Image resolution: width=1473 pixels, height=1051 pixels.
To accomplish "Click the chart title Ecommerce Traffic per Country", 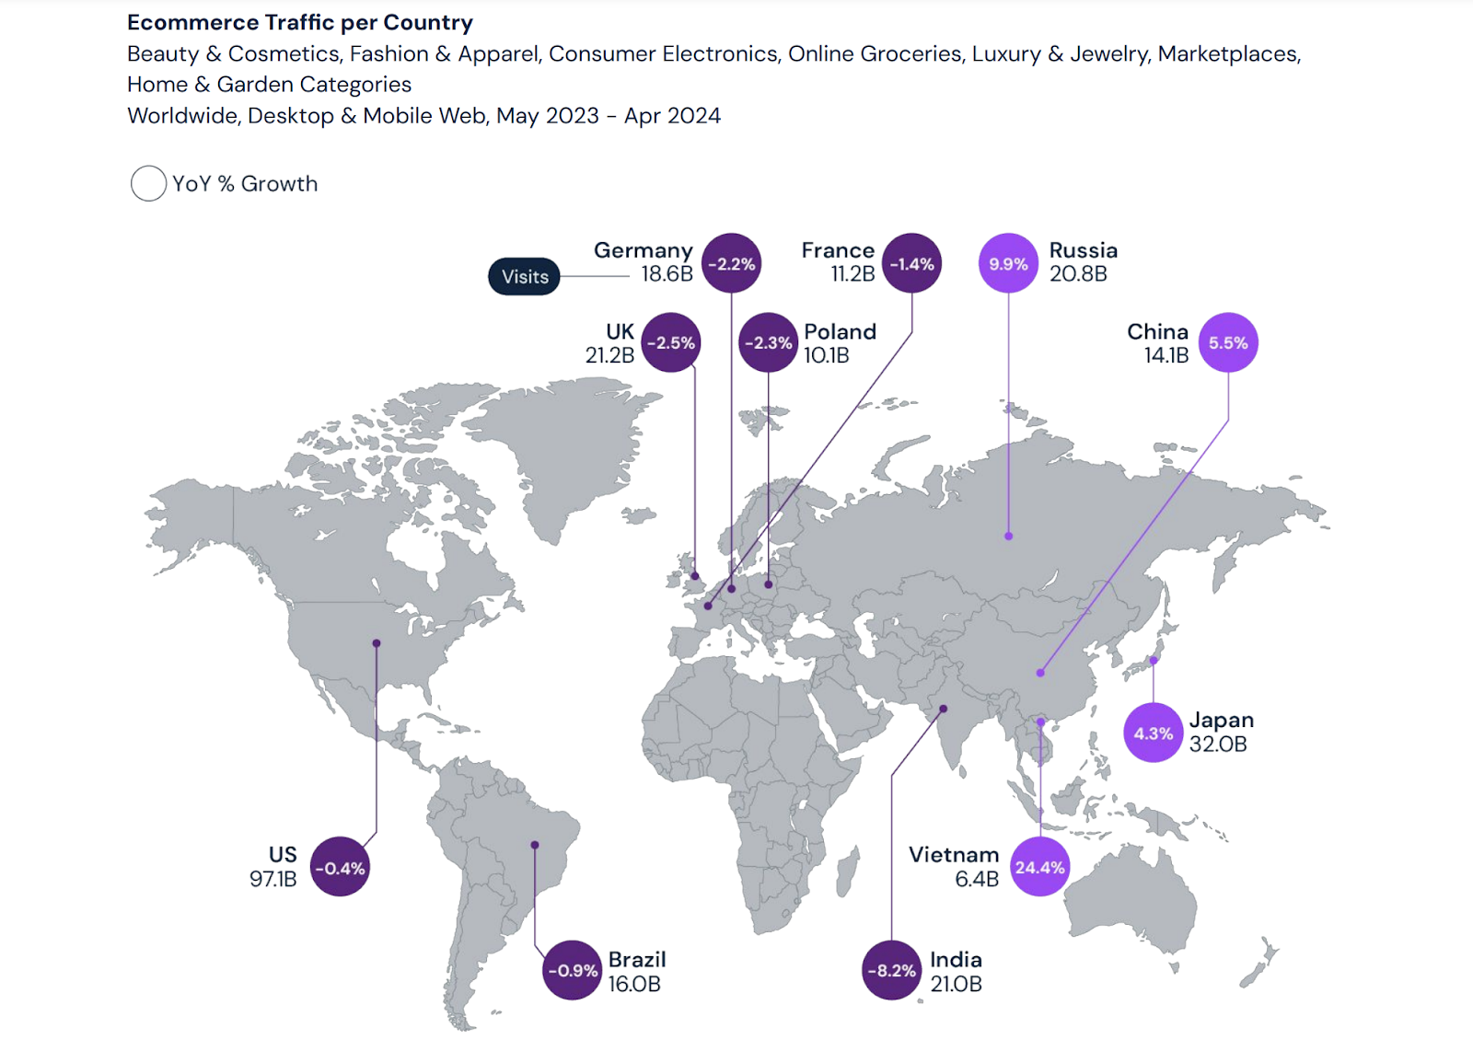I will tap(299, 22).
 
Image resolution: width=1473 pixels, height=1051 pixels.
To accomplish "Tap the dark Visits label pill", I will tap(524, 277).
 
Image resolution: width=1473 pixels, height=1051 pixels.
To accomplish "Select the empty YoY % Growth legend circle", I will tap(148, 184).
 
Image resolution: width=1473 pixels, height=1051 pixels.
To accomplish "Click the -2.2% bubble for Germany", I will tap(731, 264).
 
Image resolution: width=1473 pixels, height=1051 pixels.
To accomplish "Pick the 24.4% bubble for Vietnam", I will tap(1039, 867).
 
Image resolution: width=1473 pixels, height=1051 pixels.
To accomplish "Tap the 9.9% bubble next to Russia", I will tap(1008, 264).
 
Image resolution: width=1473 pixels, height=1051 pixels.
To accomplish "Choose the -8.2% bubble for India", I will tap(891, 970).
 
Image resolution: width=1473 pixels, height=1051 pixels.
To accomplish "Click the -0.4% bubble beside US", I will tap(340, 867).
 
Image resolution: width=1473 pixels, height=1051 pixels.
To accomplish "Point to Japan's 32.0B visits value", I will tap(1217, 745).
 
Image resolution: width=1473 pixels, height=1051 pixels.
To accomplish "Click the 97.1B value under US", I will tap(273, 879).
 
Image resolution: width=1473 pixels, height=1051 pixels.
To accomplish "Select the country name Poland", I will tap(840, 331).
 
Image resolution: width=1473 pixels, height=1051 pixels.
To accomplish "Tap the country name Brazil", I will tap(637, 959).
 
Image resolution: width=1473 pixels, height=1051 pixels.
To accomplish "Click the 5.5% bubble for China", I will tap(1228, 343).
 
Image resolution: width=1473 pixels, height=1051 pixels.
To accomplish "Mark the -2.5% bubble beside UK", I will tap(670, 343).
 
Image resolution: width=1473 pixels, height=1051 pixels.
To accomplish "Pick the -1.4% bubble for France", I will tap(911, 264).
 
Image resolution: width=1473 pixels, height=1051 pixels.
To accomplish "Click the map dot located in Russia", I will tap(1009, 536).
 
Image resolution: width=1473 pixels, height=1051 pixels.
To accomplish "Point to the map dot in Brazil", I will tap(535, 845).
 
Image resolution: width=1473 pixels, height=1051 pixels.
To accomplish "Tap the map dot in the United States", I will tap(377, 643).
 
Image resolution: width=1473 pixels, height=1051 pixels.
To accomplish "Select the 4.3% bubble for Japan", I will tap(1153, 733).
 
